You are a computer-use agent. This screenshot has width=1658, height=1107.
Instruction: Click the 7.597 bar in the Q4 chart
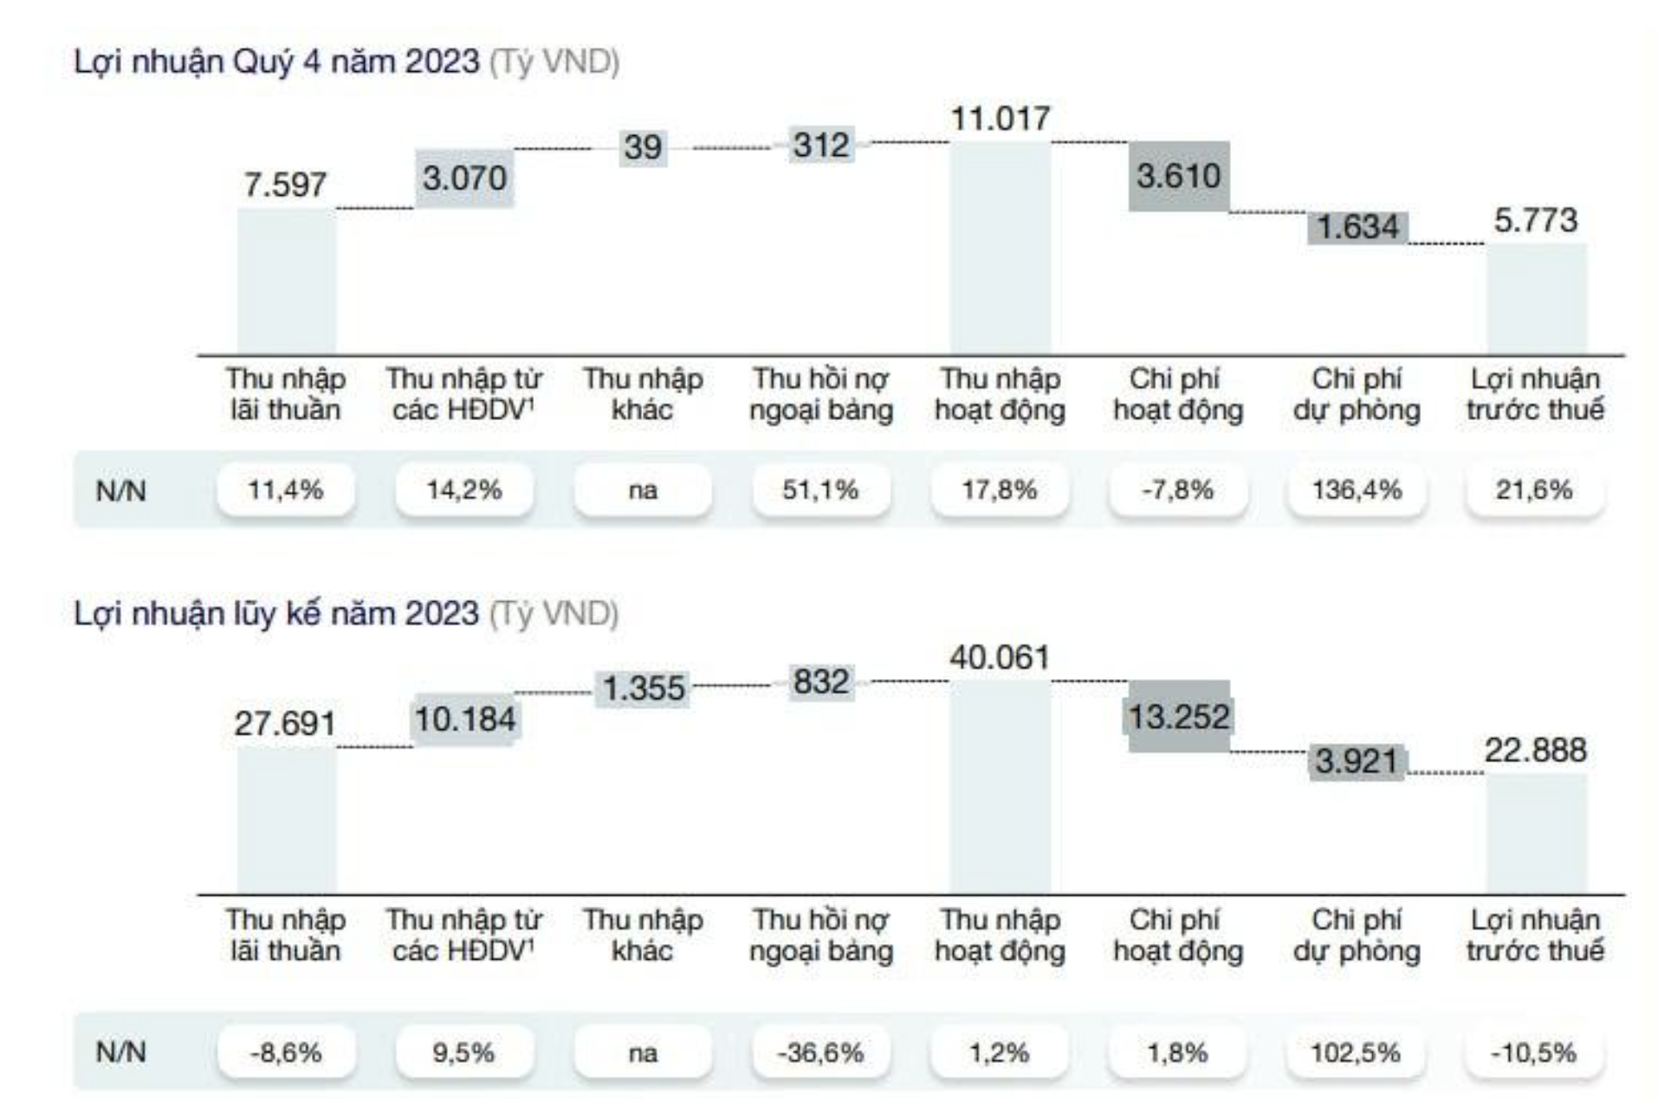(x=287, y=282)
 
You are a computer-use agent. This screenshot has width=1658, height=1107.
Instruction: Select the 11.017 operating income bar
(x=1001, y=248)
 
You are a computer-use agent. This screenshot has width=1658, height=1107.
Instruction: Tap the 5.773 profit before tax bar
(x=1537, y=299)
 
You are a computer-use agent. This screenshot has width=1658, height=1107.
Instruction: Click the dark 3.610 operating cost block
(x=1178, y=177)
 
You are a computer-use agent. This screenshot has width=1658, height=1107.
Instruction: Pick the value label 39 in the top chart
(x=643, y=147)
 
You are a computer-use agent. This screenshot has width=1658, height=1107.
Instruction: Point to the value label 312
(x=821, y=146)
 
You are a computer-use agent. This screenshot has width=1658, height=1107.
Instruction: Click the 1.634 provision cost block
(x=1357, y=228)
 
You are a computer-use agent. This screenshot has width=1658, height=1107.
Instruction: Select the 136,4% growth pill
(x=1357, y=490)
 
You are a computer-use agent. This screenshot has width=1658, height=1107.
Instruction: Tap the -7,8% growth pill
(x=1177, y=490)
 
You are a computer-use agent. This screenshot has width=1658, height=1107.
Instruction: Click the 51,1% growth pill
(x=820, y=490)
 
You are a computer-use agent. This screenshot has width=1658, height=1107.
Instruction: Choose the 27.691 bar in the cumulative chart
(x=287, y=819)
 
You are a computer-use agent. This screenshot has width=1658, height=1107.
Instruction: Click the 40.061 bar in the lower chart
(x=1001, y=787)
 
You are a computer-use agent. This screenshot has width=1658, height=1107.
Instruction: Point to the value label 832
(x=821, y=683)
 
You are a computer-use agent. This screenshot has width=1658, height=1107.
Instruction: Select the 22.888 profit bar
(x=1537, y=833)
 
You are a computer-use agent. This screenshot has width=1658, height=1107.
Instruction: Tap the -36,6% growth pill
(x=820, y=1053)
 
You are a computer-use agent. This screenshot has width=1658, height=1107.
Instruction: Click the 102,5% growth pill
(x=1357, y=1053)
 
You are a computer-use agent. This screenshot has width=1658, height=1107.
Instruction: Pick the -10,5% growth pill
(x=1534, y=1053)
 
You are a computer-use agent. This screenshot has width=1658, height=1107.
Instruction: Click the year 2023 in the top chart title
(x=442, y=62)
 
